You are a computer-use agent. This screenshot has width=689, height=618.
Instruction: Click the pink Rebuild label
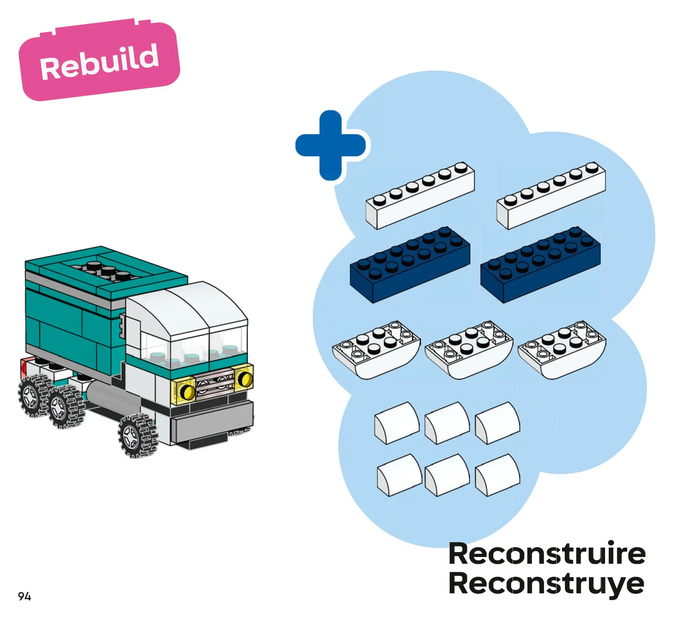coord(99,60)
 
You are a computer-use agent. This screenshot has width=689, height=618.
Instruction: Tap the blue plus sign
coord(330,145)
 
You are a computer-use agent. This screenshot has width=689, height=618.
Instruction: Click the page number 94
coord(25,596)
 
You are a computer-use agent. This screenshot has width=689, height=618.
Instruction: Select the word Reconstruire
coord(547,553)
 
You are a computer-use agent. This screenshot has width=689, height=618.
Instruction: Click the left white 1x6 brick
coord(420,196)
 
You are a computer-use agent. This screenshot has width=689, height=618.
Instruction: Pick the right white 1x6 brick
coord(551,196)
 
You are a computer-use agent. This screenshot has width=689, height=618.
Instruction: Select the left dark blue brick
coord(410,265)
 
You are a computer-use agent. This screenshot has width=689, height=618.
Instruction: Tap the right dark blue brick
coord(540,265)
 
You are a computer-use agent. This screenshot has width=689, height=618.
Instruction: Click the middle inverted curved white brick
coord(469,350)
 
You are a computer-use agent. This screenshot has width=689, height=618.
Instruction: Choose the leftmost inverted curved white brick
coord(377,350)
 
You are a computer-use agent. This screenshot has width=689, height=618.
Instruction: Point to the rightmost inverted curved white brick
coord(562,350)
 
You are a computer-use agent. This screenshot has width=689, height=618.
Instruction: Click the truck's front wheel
coord(138,435)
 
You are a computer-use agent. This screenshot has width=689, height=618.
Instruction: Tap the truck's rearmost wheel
coord(34,395)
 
